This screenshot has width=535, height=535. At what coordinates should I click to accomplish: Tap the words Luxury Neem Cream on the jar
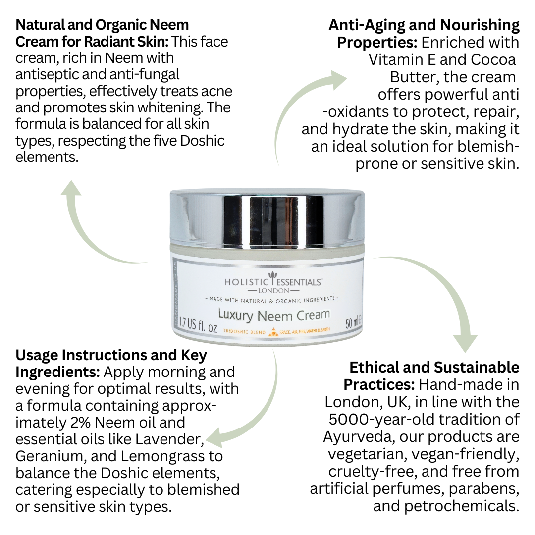pos(274,315)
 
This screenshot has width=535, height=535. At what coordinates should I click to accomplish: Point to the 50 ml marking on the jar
pos(353,322)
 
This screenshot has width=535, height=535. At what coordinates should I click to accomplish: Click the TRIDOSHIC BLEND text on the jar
pos(244,331)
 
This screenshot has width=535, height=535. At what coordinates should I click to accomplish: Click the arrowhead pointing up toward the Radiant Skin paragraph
pos(71,188)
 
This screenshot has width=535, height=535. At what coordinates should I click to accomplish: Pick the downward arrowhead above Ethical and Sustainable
pos(465,343)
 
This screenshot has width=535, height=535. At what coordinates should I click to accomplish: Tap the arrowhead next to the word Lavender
pos(215,438)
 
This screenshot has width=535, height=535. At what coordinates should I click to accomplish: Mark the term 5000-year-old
pos(379,420)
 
